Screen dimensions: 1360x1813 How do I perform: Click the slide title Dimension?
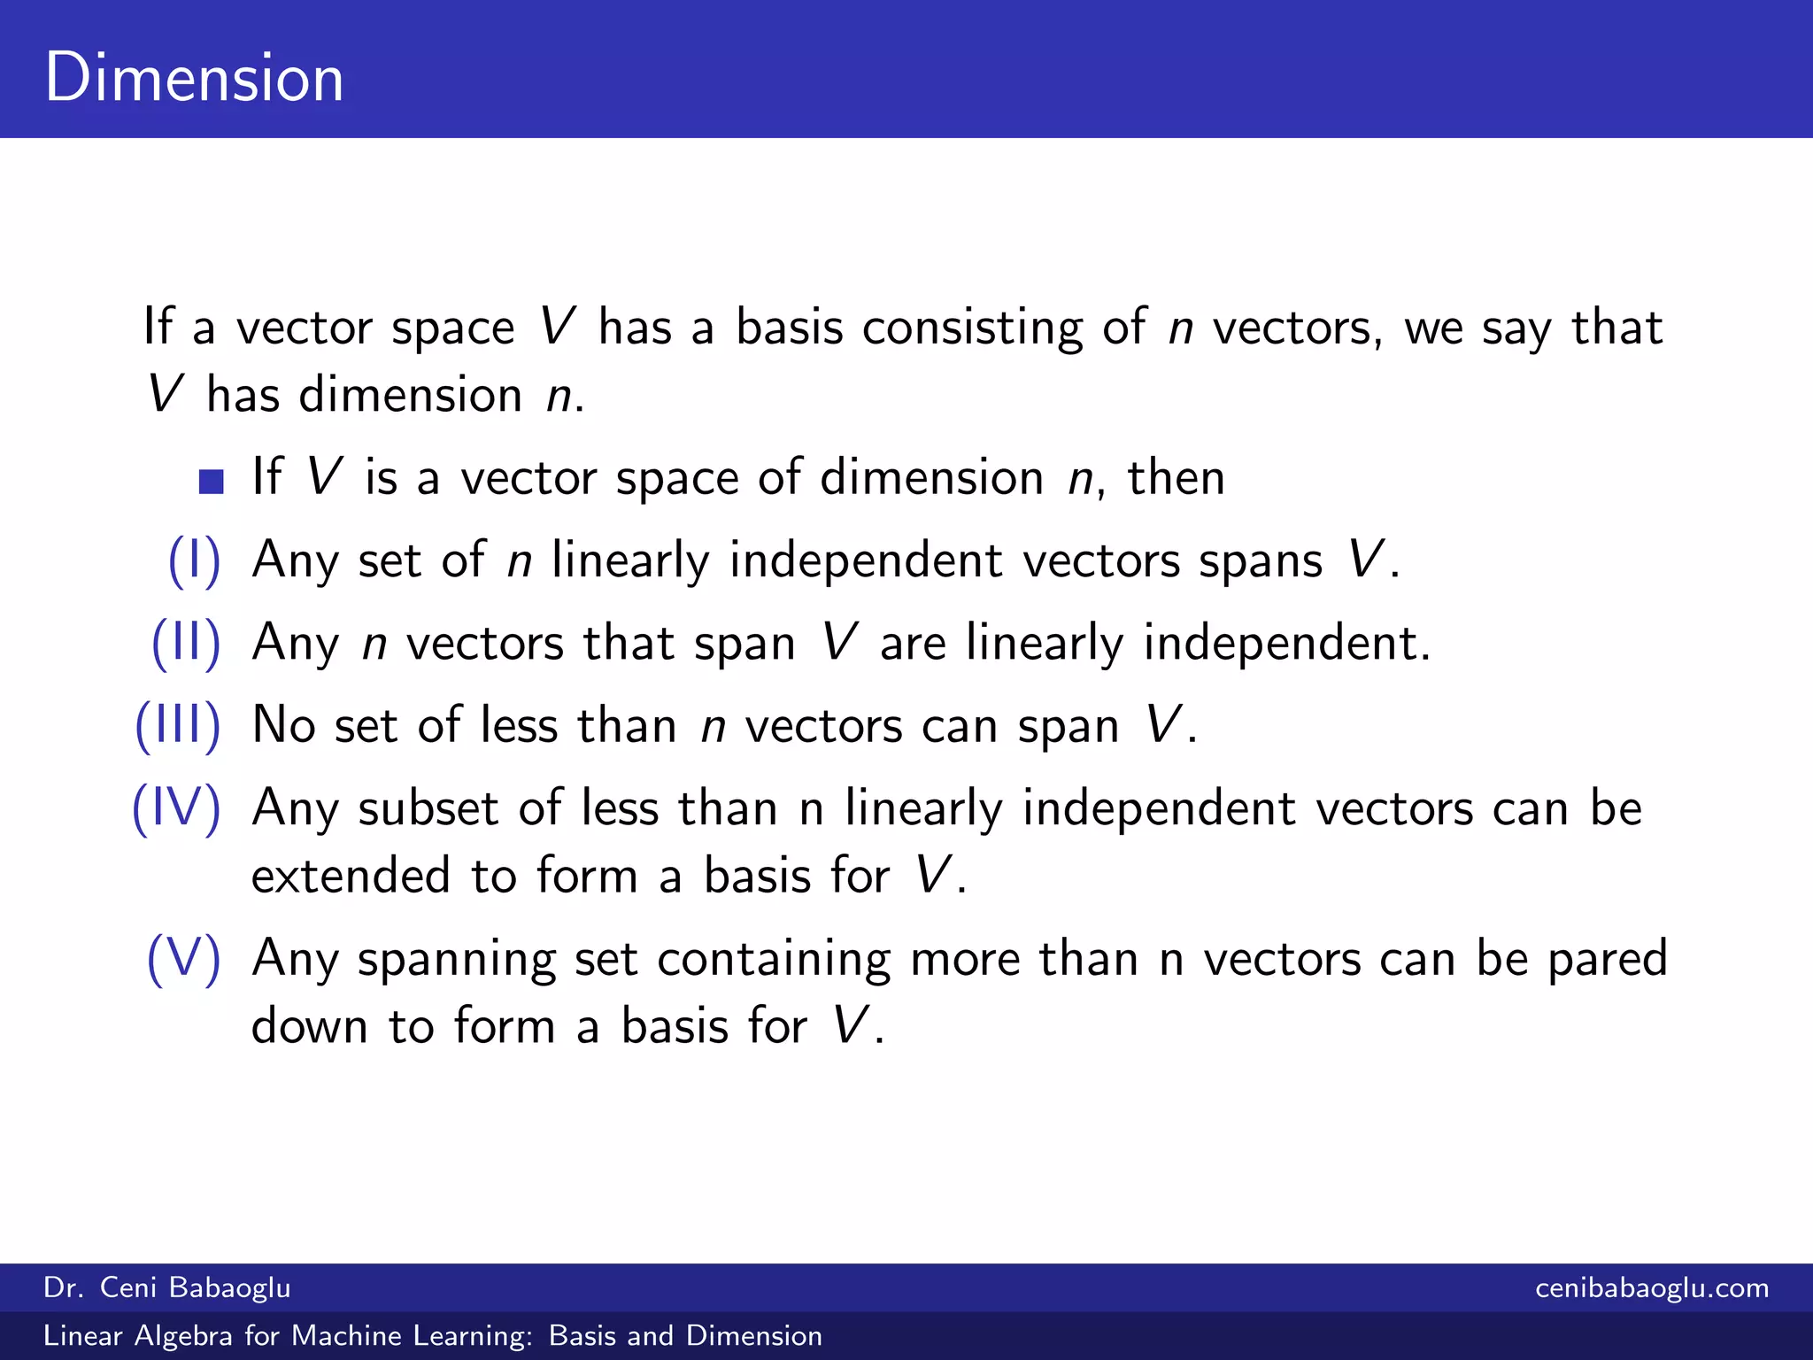click(x=194, y=78)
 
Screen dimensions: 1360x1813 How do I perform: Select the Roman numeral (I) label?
click(x=194, y=560)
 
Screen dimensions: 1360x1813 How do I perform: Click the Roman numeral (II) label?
click(x=186, y=643)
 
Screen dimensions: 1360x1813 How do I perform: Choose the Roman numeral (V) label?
click(x=183, y=958)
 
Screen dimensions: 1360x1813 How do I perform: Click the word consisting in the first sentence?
click(x=972, y=328)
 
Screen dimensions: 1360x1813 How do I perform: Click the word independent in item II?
click(x=1285, y=643)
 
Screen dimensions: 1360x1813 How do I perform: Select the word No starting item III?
click(x=283, y=725)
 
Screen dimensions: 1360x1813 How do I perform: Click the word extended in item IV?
click(x=351, y=876)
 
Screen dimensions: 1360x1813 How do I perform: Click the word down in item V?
click(x=309, y=1026)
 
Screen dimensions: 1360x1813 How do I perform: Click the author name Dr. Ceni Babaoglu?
click(x=167, y=1287)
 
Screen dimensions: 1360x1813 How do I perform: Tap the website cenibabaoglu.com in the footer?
click(x=1652, y=1287)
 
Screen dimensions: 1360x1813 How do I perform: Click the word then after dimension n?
click(x=1176, y=478)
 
